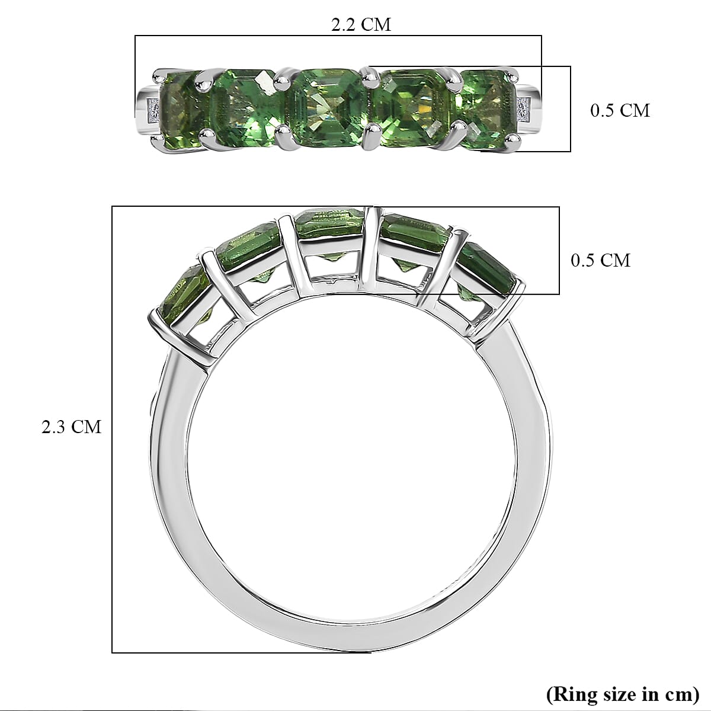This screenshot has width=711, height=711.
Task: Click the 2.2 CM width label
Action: click(x=361, y=25)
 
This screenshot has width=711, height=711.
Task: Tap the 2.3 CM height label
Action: click(x=71, y=427)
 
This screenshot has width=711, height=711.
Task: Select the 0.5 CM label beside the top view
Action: click(x=620, y=110)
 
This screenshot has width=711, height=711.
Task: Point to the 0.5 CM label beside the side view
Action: click(x=600, y=260)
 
